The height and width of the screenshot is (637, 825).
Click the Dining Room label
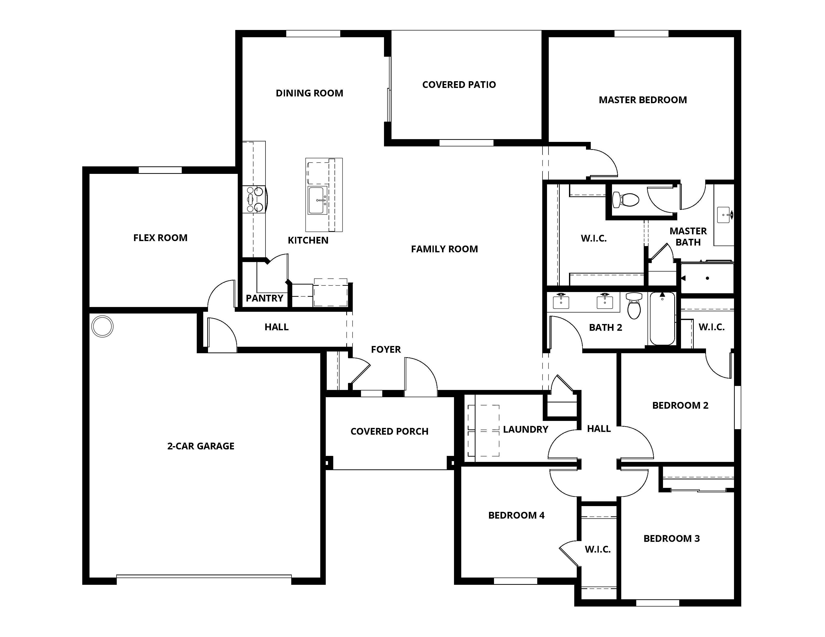[309, 93]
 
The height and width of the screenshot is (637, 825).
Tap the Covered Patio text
[459, 84]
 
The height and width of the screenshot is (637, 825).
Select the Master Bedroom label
[642, 100]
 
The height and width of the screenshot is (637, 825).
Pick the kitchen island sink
[317, 200]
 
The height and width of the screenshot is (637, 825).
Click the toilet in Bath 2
[633, 307]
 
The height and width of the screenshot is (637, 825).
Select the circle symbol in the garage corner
[102, 326]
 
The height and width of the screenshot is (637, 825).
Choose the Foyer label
[386, 349]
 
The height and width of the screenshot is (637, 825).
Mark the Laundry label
[525, 429]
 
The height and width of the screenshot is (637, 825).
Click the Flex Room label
[160, 238]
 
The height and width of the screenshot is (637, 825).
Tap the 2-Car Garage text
[200, 446]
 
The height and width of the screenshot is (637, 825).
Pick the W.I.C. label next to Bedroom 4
[597, 550]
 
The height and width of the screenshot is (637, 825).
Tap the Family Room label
[444, 249]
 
